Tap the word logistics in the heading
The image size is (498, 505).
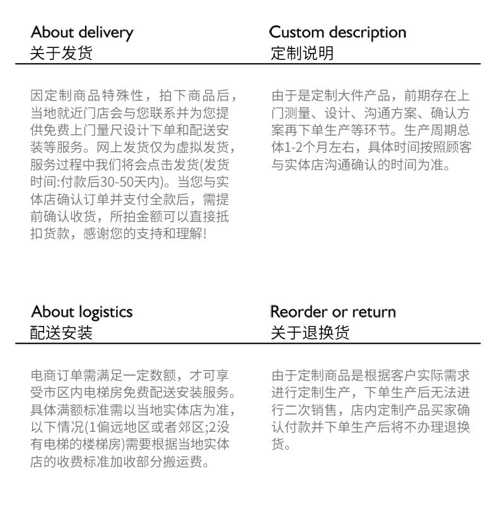coord(105,312)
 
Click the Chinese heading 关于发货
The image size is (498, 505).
coord(61,53)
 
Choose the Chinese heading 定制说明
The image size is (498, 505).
coord(302,53)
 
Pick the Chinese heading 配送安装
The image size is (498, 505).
coord(61,333)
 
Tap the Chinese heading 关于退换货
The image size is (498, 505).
coord(310,333)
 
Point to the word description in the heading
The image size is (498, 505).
coord(367,33)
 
